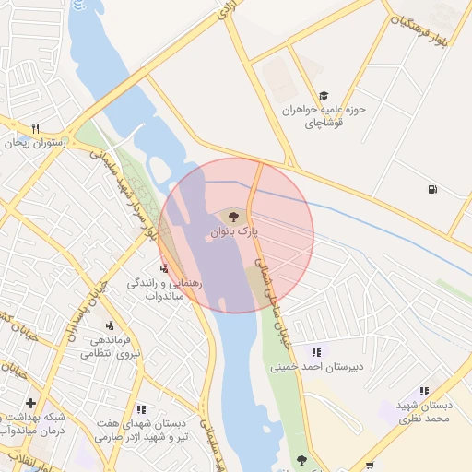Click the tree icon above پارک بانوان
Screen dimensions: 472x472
(233, 218)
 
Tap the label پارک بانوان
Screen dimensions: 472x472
(233, 233)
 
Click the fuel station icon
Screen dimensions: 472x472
(432, 191)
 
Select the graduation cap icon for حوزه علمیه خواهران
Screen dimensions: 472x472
(323, 95)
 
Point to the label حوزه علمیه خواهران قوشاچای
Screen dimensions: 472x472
(324, 115)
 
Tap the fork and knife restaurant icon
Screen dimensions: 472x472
(35, 128)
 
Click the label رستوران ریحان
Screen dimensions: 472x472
(33, 144)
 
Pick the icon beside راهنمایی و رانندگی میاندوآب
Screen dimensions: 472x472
(164, 269)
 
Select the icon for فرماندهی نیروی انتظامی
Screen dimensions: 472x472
(110, 324)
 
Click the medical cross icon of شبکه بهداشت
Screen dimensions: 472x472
(30, 403)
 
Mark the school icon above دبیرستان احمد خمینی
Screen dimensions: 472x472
(316, 352)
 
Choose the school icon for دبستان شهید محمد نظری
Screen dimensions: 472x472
(424, 391)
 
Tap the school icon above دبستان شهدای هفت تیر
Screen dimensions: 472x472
(141, 408)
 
